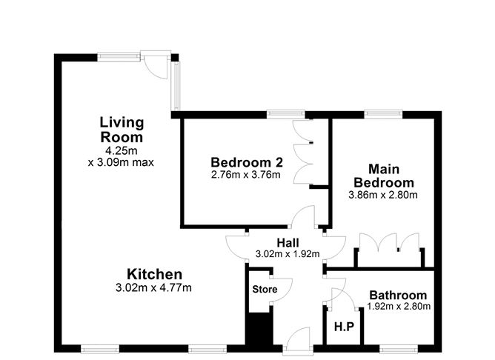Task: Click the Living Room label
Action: click(x=122, y=130)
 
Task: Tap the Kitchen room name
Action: click(x=154, y=274)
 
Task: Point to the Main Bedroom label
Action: click(x=383, y=176)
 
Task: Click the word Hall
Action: click(x=288, y=242)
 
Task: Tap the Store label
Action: click(x=265, y=289)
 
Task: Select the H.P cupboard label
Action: click(x=343, y=327)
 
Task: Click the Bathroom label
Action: click(x=399, y=294)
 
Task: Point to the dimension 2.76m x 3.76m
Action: click(x=236, y=176)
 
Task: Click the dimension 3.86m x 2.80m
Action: click(x=383, y=196)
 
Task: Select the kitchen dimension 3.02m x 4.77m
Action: click(x=154, y=288)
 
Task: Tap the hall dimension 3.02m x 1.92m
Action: click(x=288, y=254)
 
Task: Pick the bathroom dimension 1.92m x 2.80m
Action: click(x=399, y=306)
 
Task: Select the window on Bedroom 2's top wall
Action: click(x=285, y=114)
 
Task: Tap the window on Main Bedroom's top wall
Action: click(x=383, y=114)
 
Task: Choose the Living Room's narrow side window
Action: click(x=176, y=84)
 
